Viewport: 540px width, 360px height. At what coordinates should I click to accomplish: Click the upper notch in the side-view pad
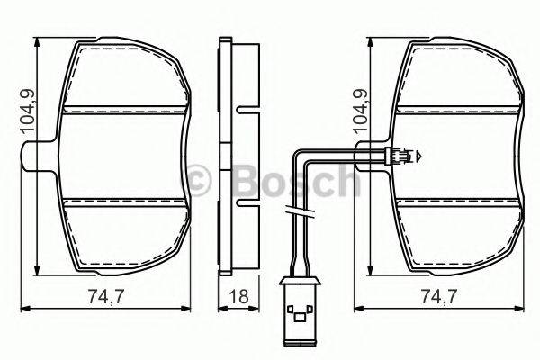pyautogui.click(x=243, y=111)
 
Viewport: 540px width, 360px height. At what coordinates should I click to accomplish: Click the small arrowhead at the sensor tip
pyautogui.click(x=416, y=157)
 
